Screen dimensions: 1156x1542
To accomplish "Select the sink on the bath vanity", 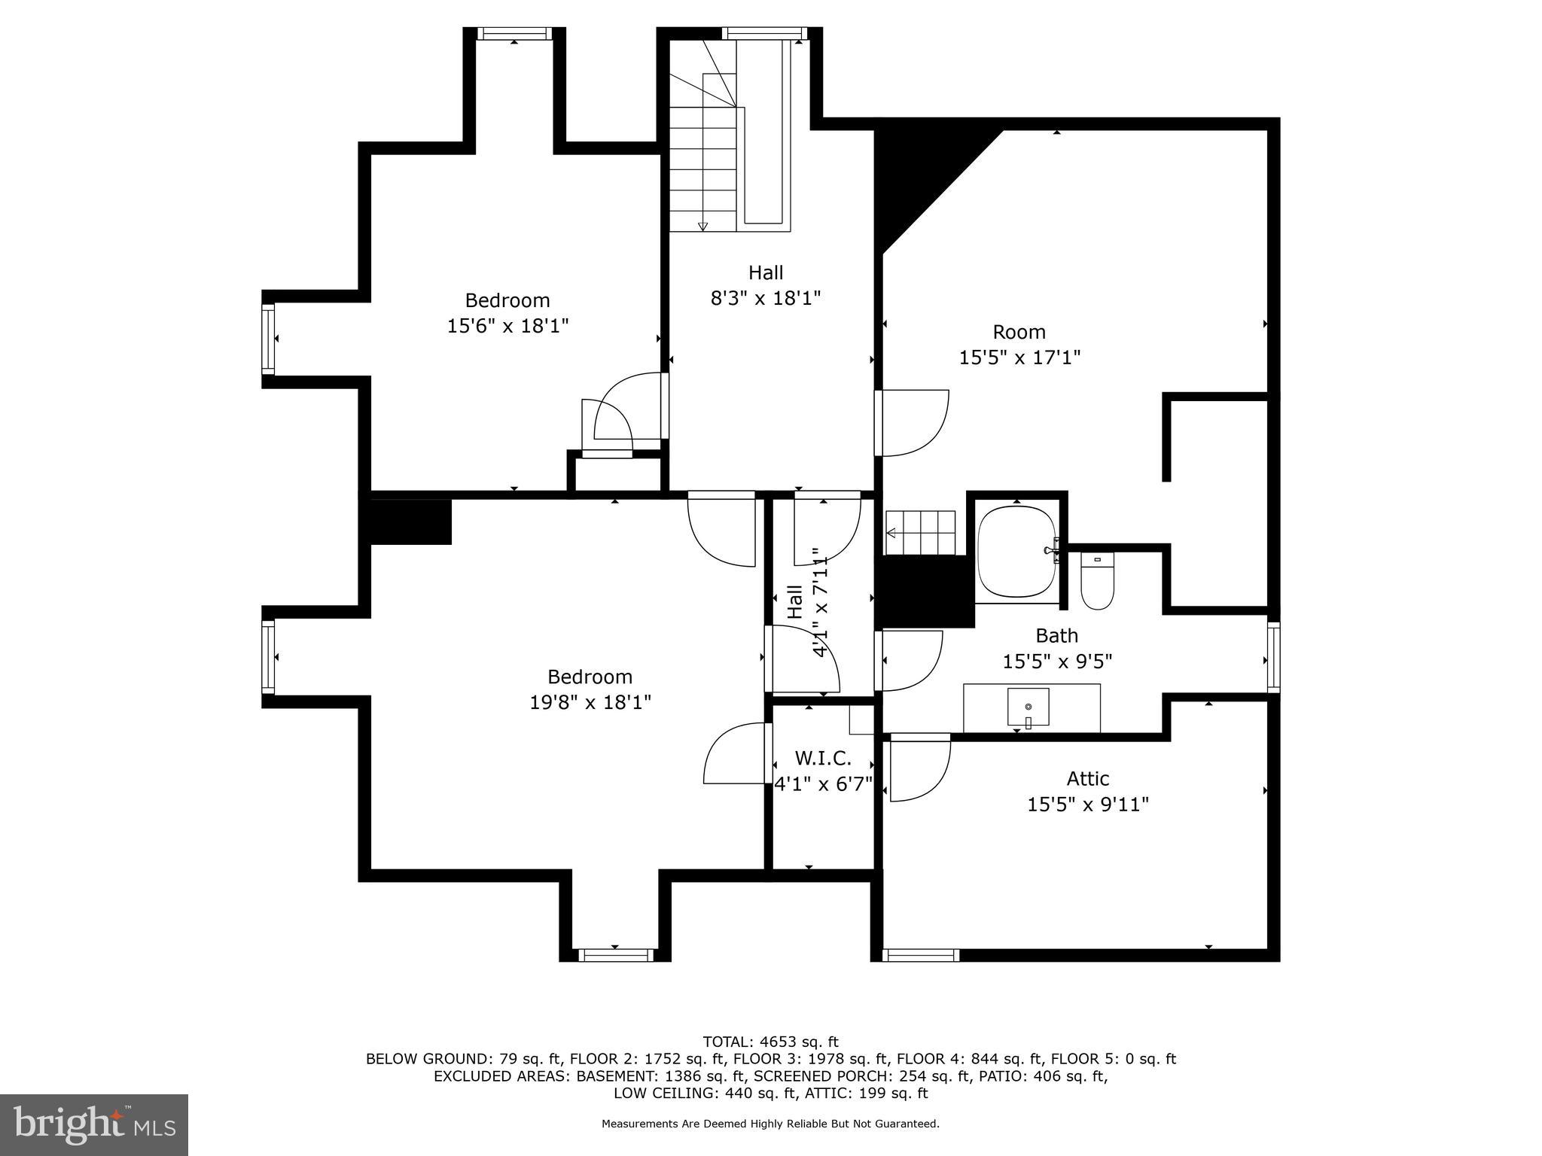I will pos(1028,707).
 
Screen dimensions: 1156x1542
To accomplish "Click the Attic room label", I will pos(1087,778).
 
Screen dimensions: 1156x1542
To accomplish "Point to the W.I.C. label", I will pos(823,758).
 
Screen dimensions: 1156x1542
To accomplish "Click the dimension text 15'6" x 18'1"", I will pos(507,326).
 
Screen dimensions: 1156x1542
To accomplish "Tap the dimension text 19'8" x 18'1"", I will pos(590,702).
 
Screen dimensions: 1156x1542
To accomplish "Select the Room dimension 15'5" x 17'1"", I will pos(1019,357).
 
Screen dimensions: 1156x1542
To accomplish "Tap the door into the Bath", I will pos(910,660).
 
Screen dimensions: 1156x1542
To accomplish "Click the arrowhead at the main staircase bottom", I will pos(702,227).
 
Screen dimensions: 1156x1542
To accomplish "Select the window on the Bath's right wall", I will pos(1273,657).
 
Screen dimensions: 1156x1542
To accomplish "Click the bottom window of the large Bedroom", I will pos(615,955).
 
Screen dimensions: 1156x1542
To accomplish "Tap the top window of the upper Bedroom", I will pos(513,33).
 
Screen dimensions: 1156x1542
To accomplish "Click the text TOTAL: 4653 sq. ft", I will pos(770,1042).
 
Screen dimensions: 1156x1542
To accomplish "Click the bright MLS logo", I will pos(93,1124).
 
